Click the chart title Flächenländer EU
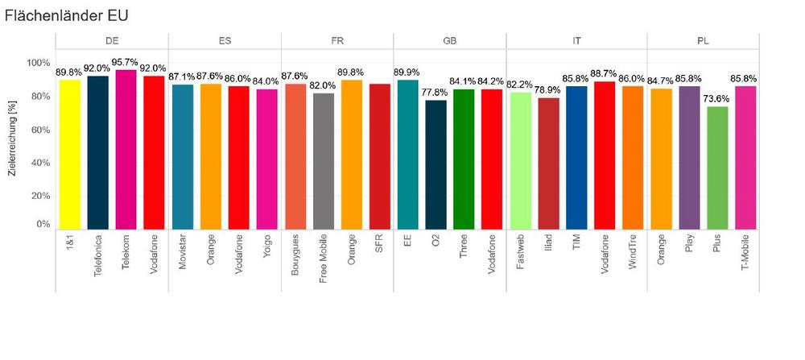coord(66,15)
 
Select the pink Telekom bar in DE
coord(126,149)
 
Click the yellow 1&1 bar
coord(70,154)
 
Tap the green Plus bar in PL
coord(716,168)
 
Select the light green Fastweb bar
coord(520,160)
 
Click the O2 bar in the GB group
coord(436,164)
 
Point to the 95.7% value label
coord(126,63)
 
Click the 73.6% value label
coord(716,99)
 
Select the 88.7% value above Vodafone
coord(605,74)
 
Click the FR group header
coord(337,40)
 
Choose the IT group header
coord(563,40)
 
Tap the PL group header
coord(703,40)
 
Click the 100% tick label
coord(37,63)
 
